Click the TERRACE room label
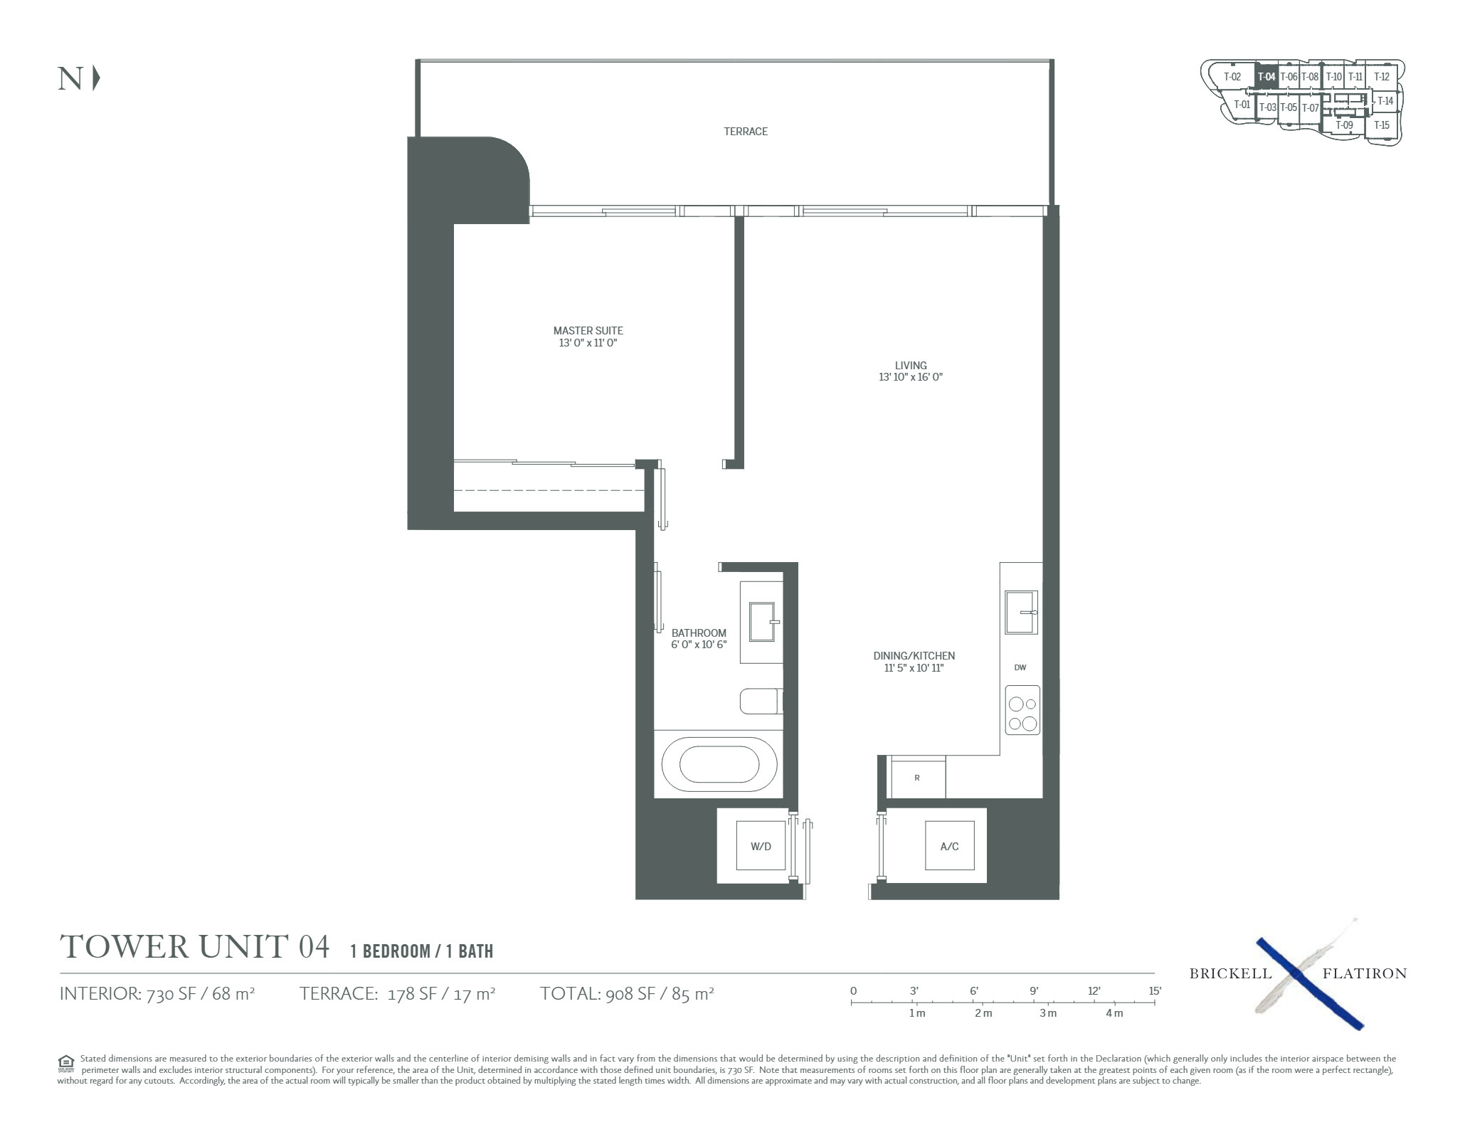pyautogui.click(x=746, y=132)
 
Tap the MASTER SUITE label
pyautogui.click(x=588, y=331)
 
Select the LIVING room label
pyautogui.click(x=911, y=366)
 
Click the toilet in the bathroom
pyautogui.click(x=761, y=701)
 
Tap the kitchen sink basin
pyautogui.click(x=1021, y=612)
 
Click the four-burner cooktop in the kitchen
pyautogui.click(x=1022, y=710)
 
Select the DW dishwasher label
pyautogui.click(x=1020, y=667)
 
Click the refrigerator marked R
pyautogui.click(x=918, y=778)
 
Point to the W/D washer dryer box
pyautogui.click(x=761, y=846)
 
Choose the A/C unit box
pyautogui.click(x=950, y=846)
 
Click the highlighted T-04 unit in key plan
pyautogui.click(x=1266, y=77)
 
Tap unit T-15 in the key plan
pyautogui.click(x=1381, y=125)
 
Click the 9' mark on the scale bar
pyautogui.click(x=1033, y=990)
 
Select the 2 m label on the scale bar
pyautogui.click(x=983, y=1013)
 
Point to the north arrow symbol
pyautogui.click(x=96, y=78)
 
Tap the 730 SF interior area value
pyautogui.click(x=171, y=994)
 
